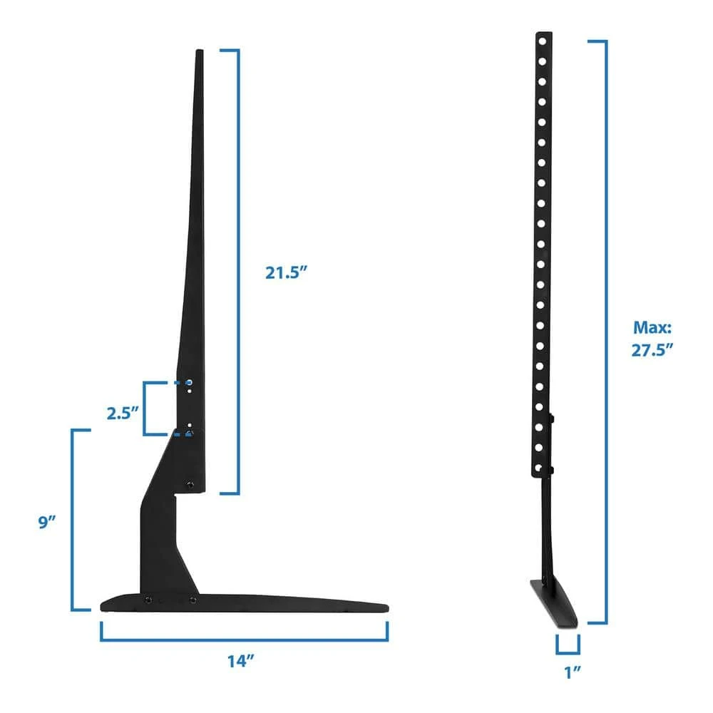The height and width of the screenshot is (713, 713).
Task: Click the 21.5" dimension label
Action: [287, 272]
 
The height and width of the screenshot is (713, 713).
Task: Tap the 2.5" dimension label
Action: [122, 413]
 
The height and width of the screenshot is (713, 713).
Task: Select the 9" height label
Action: [46, 522]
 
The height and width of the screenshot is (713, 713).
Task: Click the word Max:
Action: [652, 328]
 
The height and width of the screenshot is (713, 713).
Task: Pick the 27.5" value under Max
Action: [652, 350]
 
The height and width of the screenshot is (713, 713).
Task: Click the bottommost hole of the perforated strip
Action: [542, 467]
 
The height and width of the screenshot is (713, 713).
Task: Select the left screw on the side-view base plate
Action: [148, 600]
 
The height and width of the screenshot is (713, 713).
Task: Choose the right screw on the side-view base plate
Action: [192, 600]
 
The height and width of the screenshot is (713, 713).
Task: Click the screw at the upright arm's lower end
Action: [190, 484]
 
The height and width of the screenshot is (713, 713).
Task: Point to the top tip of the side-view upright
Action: [199, 51]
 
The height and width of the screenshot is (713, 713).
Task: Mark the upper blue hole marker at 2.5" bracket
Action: [188, 383]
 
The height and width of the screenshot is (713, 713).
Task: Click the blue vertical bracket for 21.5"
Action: [238, 271]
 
